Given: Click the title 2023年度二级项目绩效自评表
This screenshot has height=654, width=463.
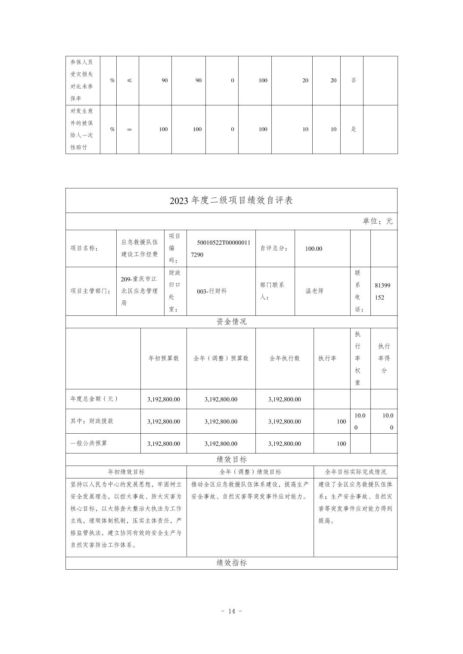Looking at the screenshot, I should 231,201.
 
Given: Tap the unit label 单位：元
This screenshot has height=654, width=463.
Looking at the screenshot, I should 377,221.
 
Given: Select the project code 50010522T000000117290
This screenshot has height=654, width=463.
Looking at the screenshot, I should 221,249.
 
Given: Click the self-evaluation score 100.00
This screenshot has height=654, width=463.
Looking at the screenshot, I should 314,249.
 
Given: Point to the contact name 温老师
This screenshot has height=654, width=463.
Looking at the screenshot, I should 314,291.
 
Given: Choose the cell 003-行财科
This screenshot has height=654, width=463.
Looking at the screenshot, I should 211,291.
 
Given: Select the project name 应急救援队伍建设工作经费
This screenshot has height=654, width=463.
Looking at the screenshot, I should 140,248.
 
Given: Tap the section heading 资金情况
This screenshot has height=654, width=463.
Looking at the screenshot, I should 231,321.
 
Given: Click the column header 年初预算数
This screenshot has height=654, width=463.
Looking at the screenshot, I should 164,358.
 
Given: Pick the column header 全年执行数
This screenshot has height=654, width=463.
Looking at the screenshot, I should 285,358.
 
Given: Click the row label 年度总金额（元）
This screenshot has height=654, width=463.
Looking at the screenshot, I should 94,399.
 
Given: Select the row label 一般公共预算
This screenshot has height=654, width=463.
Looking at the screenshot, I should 89,443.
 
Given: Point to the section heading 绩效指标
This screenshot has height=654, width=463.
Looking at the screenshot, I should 231,563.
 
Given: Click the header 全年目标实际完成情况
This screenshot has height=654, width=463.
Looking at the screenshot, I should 355,472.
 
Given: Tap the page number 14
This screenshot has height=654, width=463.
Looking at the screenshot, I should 232,611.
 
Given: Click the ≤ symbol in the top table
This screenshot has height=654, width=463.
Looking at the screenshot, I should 129,80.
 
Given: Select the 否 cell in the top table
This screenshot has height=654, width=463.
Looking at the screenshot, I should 354,80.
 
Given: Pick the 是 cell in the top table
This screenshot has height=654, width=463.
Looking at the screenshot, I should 354,129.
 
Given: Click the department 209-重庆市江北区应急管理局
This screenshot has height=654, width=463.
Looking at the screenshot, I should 140,291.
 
